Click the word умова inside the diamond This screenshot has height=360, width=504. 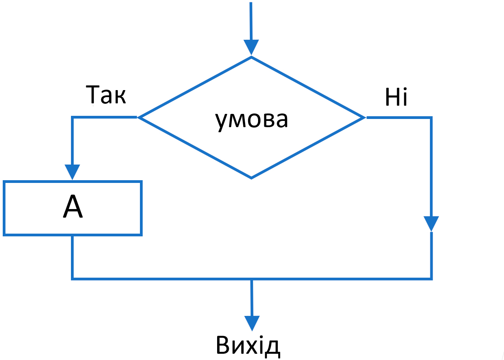pos(251,120)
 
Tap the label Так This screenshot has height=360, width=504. pos(106,95)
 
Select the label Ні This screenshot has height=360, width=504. pos(396,98)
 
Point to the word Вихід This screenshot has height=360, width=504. pos(248,345)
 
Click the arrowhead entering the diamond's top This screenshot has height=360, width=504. pos(251,47)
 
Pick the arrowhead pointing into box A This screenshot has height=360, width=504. pos(73,172)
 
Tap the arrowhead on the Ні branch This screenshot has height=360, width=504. pos(431,223)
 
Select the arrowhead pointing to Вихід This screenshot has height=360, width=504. pos(252,323)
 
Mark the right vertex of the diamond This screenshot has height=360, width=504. pos(364,117)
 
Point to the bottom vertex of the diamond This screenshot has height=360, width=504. pos(251,178)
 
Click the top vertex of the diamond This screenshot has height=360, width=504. pos(251,57)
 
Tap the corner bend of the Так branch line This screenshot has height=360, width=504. pos(73,117)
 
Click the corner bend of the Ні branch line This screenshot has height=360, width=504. pos(431,117)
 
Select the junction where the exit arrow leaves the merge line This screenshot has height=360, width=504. pos(252,279)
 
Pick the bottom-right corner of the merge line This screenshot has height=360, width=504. pos(431,279)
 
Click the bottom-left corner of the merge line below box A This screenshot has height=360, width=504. pos(73,279)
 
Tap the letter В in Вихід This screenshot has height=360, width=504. pos(223,345)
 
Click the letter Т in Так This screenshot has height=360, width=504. pos(94,95)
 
